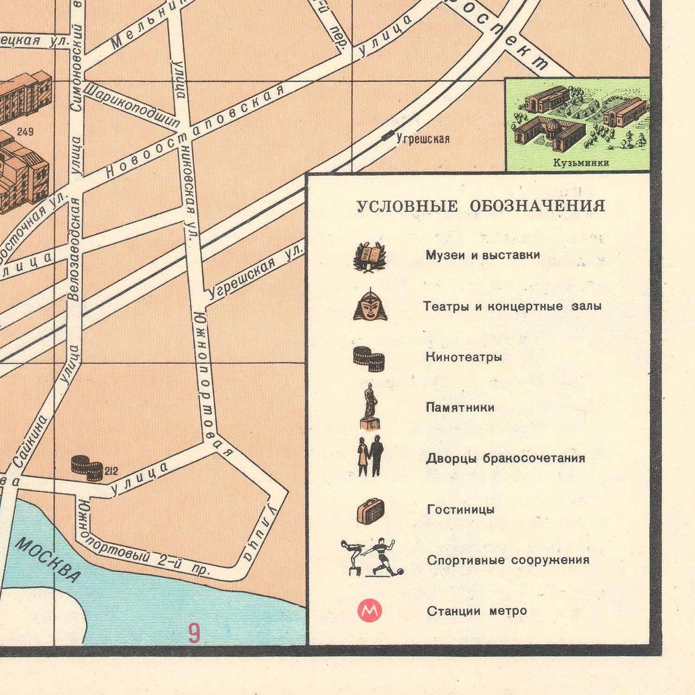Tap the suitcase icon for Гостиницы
pos(371,511)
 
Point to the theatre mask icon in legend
pos(370,305)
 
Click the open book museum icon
pos(369,256)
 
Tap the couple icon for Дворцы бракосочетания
pos(371,457)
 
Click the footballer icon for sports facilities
pos(383,557)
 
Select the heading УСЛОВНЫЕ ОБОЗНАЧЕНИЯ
pos(480,206)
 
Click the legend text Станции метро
pos(477,611)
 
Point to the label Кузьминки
pos(581,163)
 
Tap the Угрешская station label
pos(423,139)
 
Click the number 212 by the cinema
pos(111,472)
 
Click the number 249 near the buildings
pos(25,132)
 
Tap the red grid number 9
pos(194,633)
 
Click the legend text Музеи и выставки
pos(482,255)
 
